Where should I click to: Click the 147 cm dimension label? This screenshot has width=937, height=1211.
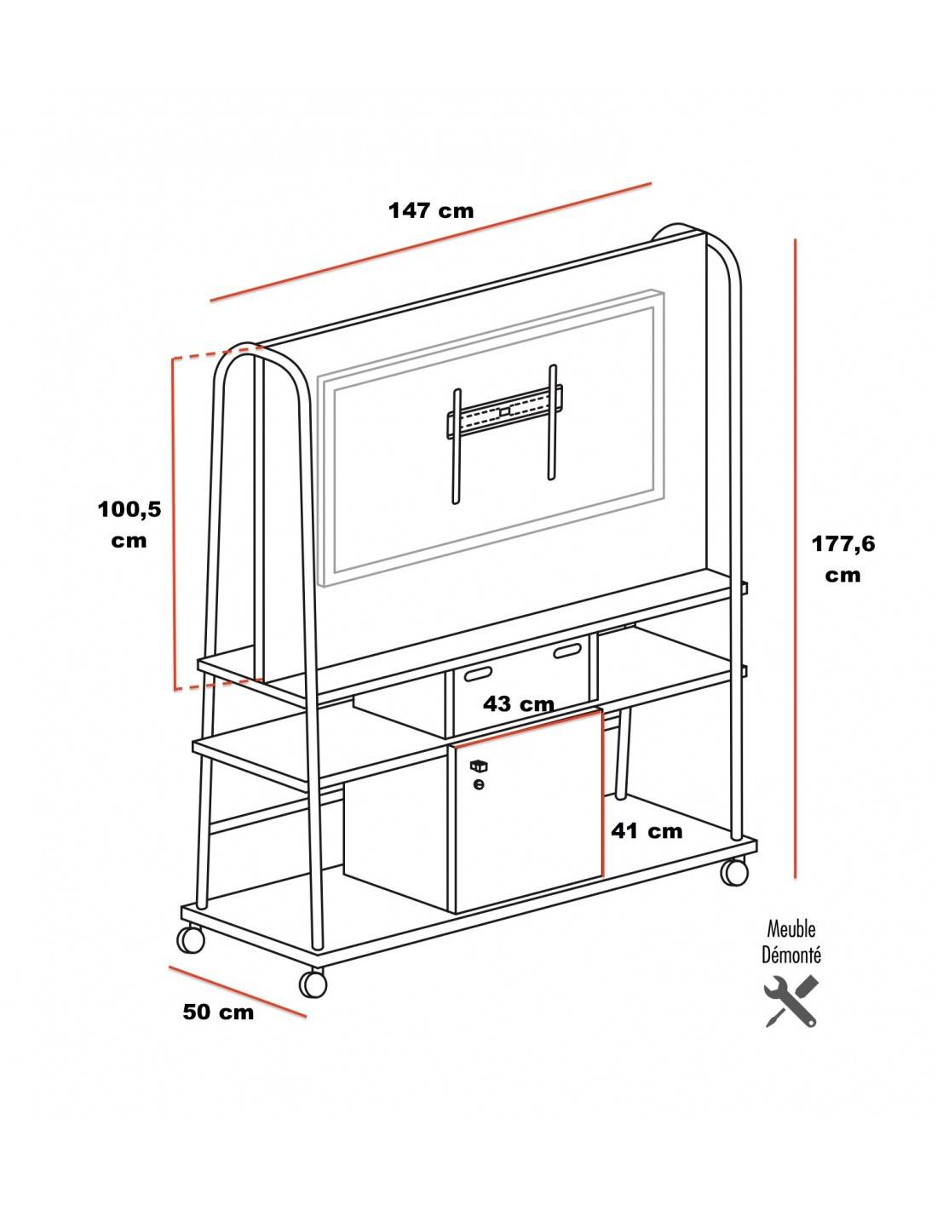coord(431,210)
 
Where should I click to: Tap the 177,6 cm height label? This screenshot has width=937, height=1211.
coord(842,559)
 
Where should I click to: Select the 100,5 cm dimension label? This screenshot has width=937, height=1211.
coord(129,525)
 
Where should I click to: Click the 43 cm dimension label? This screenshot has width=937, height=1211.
coord(519,704)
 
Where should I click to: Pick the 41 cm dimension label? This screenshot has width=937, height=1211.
coord(647,831)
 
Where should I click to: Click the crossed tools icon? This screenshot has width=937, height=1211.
coord(791,1002)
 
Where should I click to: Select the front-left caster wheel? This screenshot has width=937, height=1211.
coord(191,939)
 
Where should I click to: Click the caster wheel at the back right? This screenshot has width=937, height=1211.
coord(734,871)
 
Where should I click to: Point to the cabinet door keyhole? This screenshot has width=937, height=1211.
coord(478,785)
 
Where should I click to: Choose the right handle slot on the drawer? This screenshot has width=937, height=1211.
coord(566,651)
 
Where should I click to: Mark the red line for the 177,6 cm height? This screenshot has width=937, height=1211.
coord(795,559)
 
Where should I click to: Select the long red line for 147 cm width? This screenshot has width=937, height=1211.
coord(430,242)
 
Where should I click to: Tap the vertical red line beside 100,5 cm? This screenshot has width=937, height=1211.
coord(174,524)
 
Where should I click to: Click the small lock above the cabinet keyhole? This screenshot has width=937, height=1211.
coord(478,766)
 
